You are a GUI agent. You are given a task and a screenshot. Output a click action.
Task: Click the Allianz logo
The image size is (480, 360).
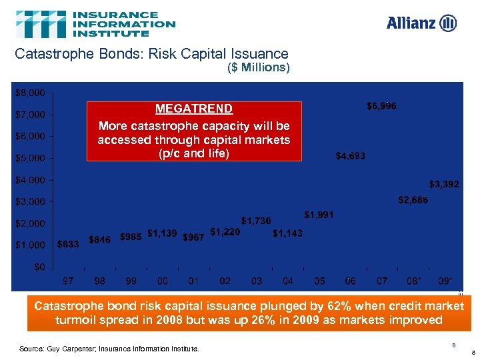pyautogui.click(x=421, y=23)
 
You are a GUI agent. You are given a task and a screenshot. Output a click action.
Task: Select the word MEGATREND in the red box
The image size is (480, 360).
pyautogui.click(x=194, y=109)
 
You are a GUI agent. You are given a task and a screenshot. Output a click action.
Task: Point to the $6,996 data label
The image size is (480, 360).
pyautogui.click(x=381, y=106)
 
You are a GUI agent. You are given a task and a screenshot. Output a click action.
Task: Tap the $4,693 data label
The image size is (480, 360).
pyautogui.click(x=350, y=157)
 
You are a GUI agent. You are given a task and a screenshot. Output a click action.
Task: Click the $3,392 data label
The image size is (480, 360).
pyautogui.click(x=443, y=184)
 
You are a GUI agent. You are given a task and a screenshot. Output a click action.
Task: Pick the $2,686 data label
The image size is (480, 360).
pyautogui.click(x=413, y=200)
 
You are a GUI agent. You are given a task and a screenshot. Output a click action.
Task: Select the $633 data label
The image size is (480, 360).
pyautogui.click(x=68, y=245)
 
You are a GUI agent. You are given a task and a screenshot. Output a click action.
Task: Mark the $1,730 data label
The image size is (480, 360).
pyautogui.click(x=256, y=220)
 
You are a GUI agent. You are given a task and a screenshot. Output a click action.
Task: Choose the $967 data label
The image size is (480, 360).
pyautogui.click(x=193, y=238)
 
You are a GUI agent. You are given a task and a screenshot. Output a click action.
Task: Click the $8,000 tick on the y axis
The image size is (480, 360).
pyautogui.click(x=30, y=92)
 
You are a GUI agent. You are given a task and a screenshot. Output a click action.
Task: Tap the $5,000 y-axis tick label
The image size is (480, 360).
pyautogui.click(x=30, y=158)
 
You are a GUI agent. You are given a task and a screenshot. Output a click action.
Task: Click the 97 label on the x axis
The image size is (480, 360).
pyautogui.click(x=68, y=281)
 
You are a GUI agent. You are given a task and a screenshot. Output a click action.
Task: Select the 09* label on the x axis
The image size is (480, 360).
pyautogui.click(x=445, y=281)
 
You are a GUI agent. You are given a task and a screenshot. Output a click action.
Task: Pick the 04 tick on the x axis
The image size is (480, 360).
pyautogui.click(x=287, y=281)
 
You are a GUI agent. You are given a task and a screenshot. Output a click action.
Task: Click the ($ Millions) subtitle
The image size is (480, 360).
pyautogui.click(x=258, y=68)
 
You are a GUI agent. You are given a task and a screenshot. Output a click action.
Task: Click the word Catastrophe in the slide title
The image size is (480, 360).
pyautogui.click(x=54, y=54)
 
